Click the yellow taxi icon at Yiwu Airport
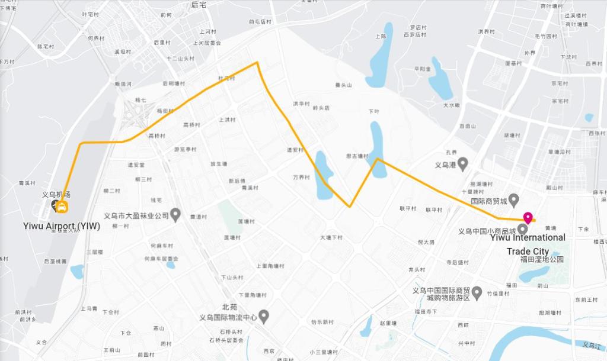62,207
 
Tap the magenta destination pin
527,218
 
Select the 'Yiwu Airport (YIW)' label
62,225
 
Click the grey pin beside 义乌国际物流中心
264,317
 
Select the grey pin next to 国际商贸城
514,199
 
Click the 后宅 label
199,5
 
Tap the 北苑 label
229,307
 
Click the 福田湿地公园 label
541,260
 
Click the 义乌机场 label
56,195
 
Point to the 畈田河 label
123,84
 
